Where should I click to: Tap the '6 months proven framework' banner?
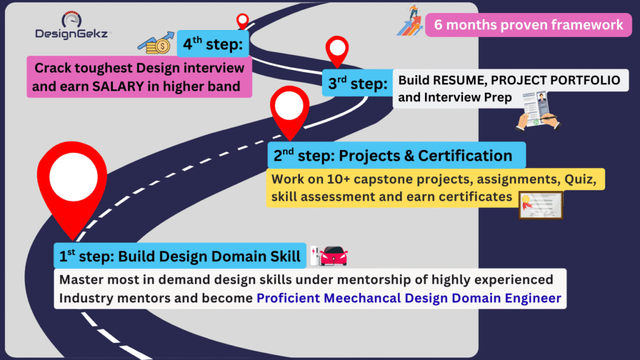(528, 25)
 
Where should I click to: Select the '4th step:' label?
(213, 44)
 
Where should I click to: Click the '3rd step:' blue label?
(357, 83)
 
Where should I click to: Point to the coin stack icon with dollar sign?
(156, 43)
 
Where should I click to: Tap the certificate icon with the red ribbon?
(541, 205)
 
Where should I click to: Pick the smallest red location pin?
(242, 21)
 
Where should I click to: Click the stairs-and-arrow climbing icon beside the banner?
(410, 20)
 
